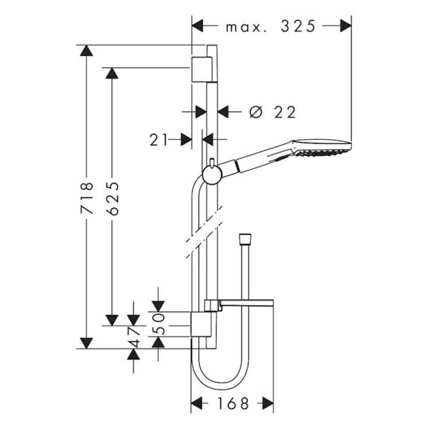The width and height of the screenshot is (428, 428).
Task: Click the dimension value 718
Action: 87,197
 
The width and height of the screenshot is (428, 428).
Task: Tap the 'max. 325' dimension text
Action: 270,26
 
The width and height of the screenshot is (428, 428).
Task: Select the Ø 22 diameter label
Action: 272,111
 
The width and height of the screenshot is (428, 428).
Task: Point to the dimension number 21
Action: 159,139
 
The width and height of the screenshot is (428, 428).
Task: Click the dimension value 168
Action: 232,403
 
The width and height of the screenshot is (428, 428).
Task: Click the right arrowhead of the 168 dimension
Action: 267,403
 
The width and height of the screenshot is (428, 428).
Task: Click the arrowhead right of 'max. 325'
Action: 345,26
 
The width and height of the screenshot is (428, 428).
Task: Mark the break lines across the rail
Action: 203,233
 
